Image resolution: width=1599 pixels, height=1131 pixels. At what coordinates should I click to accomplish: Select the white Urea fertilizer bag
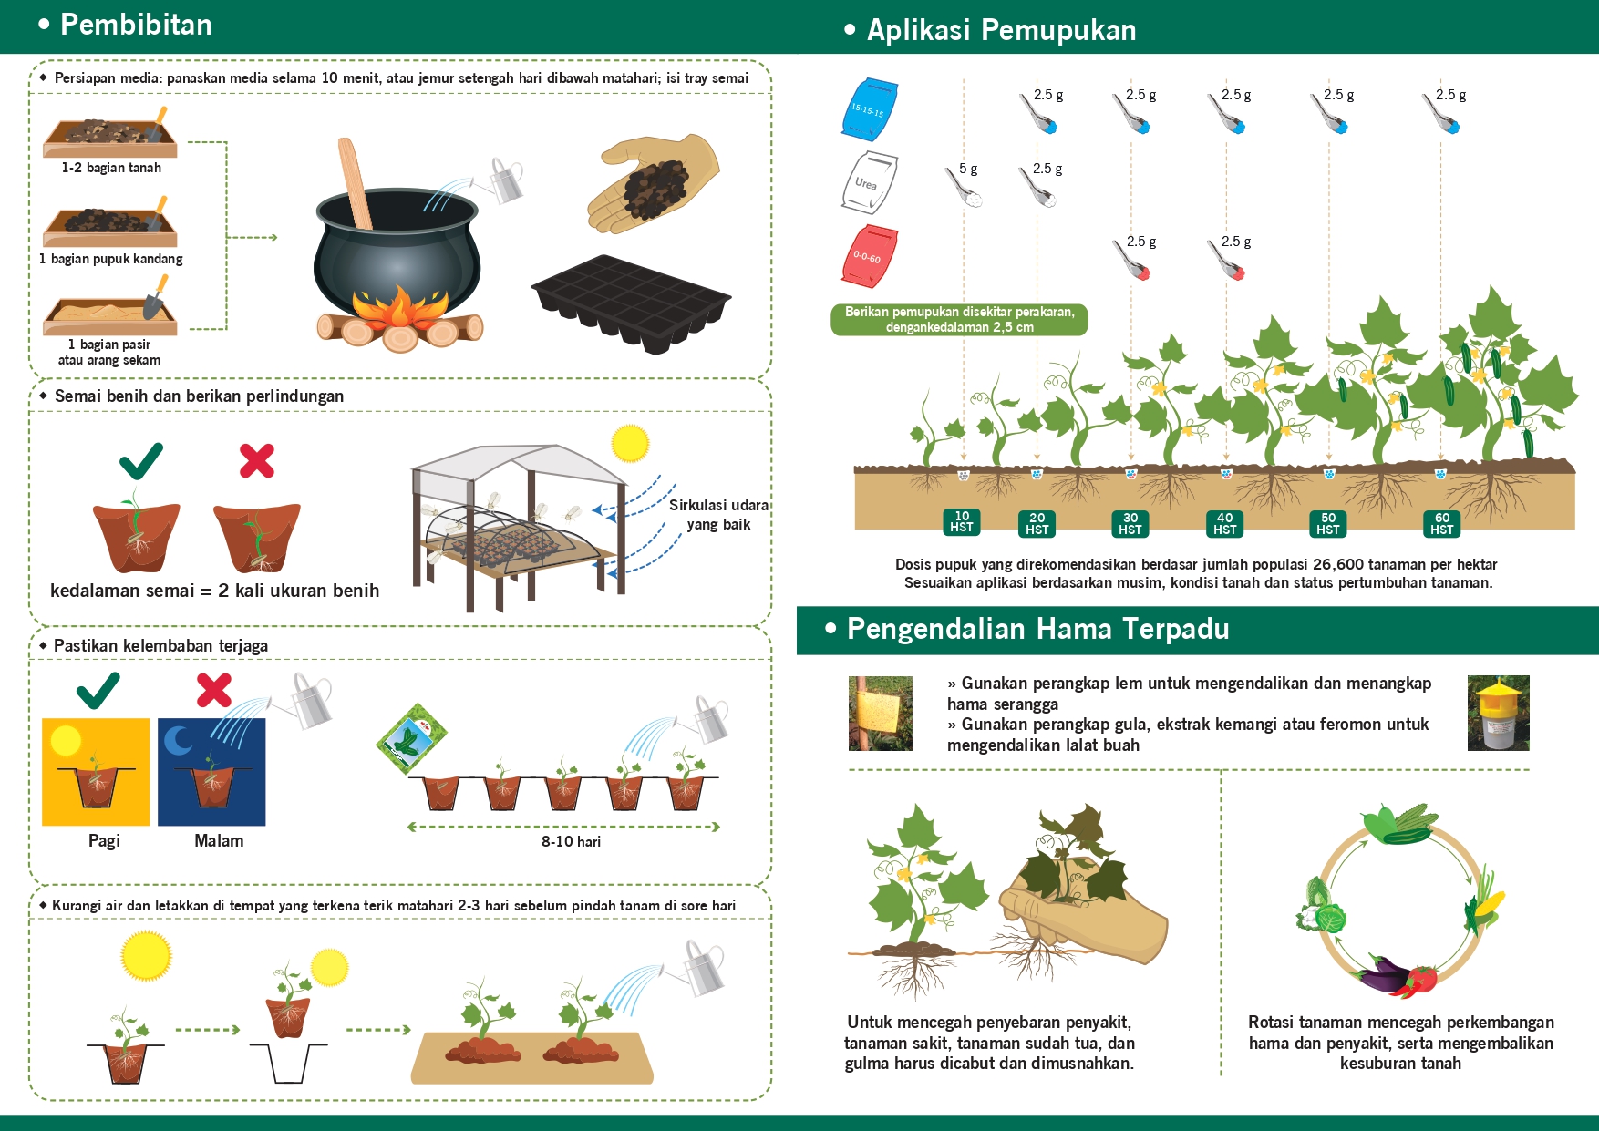[869, 182]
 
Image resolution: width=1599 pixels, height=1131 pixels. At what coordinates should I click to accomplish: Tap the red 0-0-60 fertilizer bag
[870, 255]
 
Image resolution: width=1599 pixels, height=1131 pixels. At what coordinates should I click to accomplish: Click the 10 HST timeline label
[962, 521]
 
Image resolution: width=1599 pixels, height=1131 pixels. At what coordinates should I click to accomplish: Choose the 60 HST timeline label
[1442, 523]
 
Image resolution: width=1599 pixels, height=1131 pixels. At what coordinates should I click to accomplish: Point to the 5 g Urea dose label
[968, 169]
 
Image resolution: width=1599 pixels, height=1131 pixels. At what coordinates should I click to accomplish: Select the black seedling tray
[631, 303]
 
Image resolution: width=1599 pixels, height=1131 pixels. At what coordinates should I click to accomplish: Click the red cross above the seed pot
[257, 460]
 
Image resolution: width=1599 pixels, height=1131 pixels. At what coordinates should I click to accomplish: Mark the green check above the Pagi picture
[98, 690]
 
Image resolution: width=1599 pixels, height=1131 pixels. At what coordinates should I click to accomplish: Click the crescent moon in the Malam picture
[178, 740]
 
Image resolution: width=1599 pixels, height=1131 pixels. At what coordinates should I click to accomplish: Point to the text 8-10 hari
[571, 841]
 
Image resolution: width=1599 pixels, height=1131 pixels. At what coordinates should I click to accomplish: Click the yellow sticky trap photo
[880, 714]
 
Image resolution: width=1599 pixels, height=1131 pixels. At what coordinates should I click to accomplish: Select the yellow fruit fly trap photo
[1499, 713]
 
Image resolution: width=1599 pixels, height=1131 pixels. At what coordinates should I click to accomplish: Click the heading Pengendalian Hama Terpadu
[1038, 629]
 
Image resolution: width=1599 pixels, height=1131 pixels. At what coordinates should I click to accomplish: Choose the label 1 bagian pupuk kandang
[111, 259]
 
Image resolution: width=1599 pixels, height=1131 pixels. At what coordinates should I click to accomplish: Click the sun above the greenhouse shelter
[630, 444]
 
